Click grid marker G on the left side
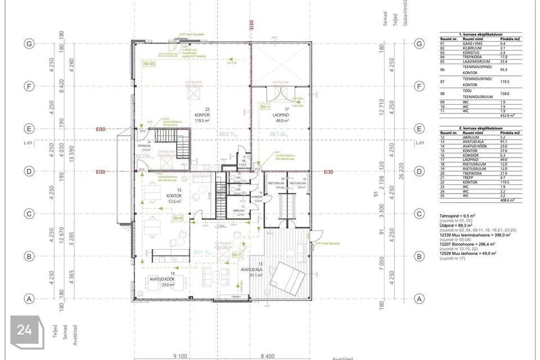pos(26,44)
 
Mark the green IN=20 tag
pos(148,64)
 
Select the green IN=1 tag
pos(265,106)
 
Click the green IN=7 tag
pos(237,255)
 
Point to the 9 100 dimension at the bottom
pos(181,355)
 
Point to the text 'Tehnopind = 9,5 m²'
pos(458,216)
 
